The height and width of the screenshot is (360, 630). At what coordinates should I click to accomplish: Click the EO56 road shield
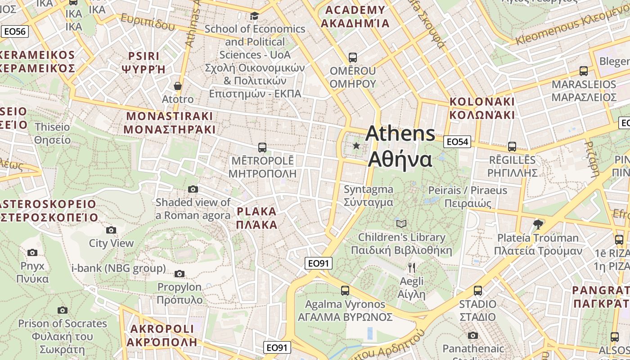click(15, 31)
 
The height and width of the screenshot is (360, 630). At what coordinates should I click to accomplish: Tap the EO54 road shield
click(457, 142)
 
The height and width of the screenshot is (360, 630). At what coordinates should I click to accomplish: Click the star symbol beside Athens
click(356, 146)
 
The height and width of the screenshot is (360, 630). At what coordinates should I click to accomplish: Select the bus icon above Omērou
click(353, 58)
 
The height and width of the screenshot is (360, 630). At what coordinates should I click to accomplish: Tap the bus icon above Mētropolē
click(262, 147)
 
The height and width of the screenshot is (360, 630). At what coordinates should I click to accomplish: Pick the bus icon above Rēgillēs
click(512, 146)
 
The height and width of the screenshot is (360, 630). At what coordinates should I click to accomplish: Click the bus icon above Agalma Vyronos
click(345, 291)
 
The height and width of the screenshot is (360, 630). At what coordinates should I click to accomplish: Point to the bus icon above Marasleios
click(584, 71)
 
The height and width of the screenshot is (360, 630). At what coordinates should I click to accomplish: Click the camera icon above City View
click(111, 230)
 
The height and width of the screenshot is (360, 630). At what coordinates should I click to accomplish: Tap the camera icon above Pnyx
click(32, 252)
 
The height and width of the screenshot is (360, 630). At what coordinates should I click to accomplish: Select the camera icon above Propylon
click(180, 274)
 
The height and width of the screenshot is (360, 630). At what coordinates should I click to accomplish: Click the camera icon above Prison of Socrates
click(63, 310)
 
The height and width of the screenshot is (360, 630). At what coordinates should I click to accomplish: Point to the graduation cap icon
click(254, 16)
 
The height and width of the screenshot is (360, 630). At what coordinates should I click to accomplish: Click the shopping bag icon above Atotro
click(178, 85)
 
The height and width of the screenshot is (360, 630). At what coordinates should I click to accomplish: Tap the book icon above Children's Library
click(401, 224)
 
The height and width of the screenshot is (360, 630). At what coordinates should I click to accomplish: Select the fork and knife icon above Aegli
click(411, 268)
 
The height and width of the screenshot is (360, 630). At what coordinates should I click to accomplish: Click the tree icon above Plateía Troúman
click(538, 224)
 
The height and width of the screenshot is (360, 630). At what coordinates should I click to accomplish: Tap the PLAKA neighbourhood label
click(256, 218)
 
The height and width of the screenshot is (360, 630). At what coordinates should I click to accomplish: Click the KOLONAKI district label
click(482, 108)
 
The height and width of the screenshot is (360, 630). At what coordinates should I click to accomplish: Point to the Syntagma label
click(369, 196)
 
